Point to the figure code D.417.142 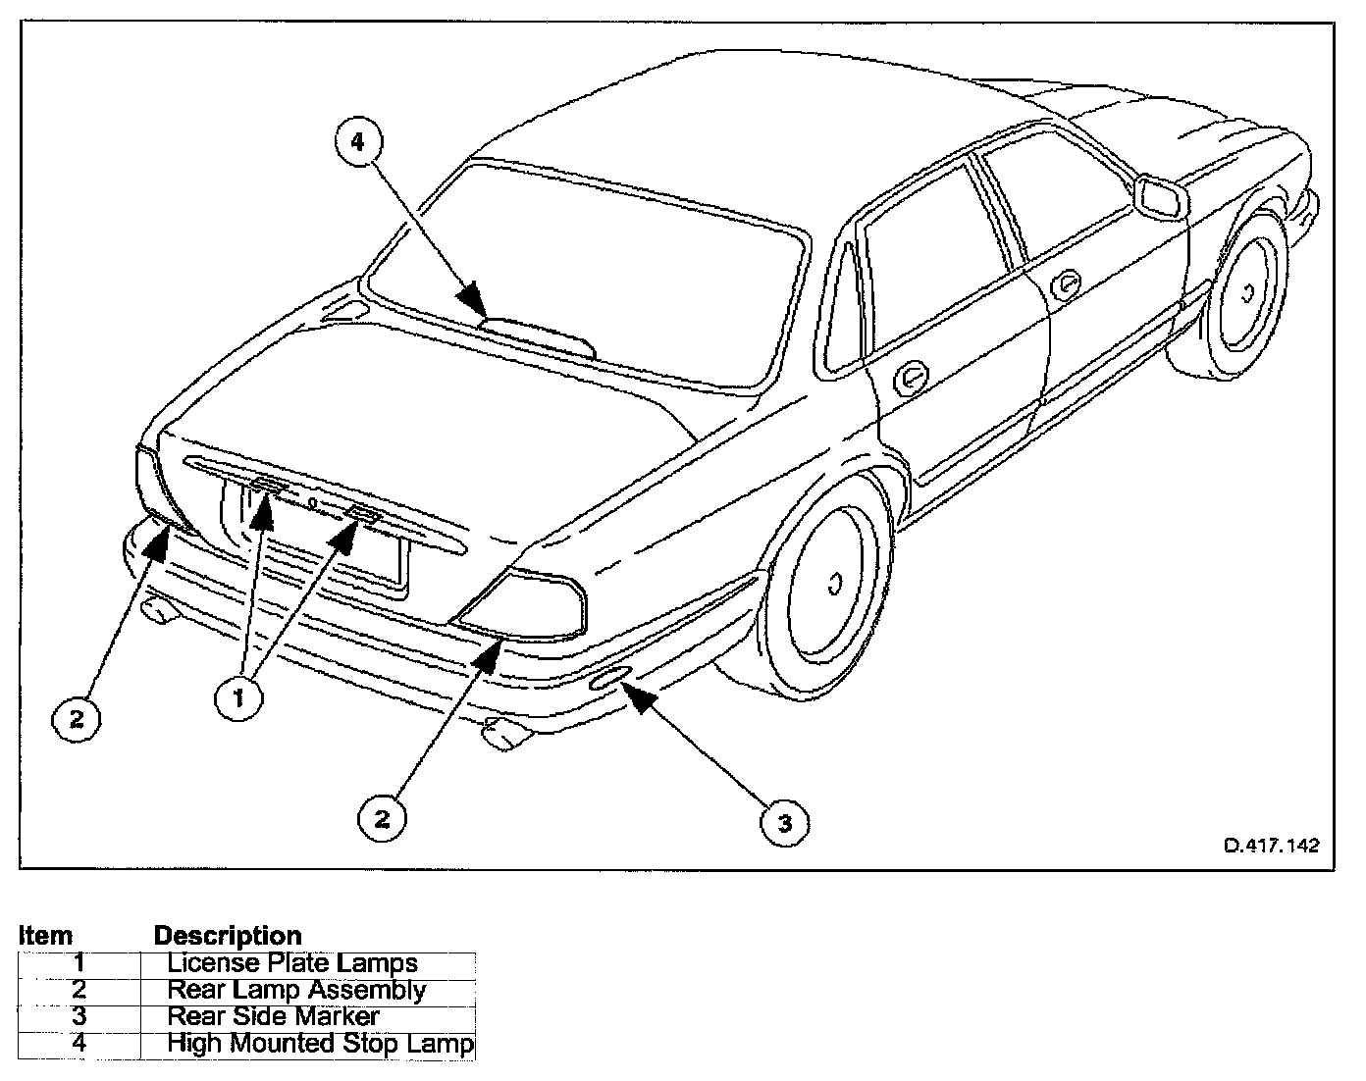[x=1271, y=846]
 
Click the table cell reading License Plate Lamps [x=292, y=963]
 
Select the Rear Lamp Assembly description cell [x=296, y=990]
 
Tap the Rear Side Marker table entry [x=273, y=1016]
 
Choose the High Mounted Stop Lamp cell [x=320, y=1043]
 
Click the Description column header [x=228, y=936]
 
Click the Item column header [x=45, y=936]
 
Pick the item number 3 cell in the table [x=79, y=1016]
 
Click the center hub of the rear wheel [x=835, y=584]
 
